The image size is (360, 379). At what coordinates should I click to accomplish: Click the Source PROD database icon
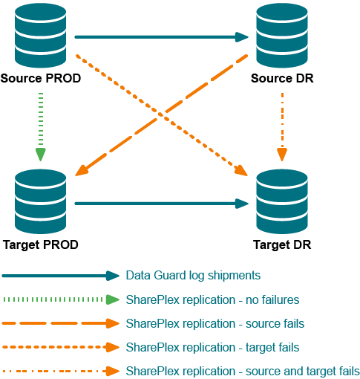40,36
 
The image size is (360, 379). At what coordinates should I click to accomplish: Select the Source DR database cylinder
282,36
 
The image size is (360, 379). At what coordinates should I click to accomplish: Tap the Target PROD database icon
40,201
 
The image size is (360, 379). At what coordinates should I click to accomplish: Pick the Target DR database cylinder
282,201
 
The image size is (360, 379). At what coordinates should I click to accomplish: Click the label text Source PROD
41,78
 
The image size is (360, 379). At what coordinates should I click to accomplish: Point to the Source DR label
282,78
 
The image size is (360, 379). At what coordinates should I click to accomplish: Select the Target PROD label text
41,244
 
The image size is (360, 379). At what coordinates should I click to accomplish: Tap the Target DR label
282,244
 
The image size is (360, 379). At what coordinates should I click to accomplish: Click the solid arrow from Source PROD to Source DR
162,37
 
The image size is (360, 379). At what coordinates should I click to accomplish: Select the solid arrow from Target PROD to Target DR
162,204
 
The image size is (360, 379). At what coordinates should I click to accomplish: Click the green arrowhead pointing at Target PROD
41,155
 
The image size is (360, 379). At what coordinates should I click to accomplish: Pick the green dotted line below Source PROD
41,120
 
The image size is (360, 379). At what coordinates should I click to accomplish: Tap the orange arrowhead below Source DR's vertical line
282,155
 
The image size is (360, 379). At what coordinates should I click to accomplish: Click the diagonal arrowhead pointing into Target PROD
82,170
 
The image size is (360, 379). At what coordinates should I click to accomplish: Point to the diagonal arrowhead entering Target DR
240,170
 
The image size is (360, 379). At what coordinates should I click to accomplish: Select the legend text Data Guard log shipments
193,276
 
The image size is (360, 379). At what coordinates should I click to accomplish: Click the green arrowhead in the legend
113,299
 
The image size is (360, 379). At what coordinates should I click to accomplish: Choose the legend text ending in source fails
215,323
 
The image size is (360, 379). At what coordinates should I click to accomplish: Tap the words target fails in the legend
272,347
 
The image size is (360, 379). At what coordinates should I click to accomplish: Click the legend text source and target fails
303,371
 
